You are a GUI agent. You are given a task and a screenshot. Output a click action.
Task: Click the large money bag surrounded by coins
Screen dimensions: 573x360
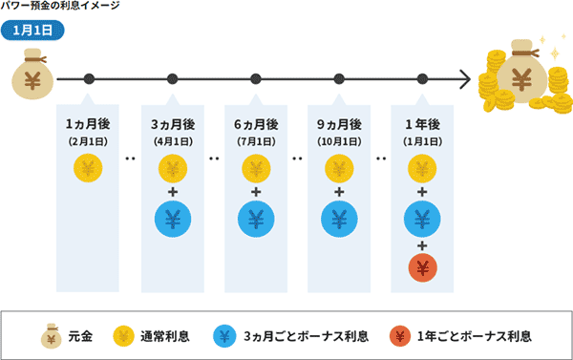click(x=523, y=76)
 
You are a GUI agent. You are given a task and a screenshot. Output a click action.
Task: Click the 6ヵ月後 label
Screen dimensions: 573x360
click(x=255, y=125)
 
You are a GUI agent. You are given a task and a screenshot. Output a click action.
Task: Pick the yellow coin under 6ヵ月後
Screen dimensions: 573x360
click(x=255, y=171)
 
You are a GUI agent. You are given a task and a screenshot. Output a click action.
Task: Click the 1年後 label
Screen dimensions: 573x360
click(x=422, y=125)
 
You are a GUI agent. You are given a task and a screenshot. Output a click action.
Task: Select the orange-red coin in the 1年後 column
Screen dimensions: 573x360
click(x=422, y=268)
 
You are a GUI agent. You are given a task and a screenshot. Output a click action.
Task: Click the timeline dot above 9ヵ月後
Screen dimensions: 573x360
click(x=338, y=78)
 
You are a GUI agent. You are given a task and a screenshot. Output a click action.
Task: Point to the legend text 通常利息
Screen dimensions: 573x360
click(x=164, y=336)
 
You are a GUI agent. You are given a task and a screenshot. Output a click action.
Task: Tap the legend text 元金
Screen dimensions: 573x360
click(x=79, y=336)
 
